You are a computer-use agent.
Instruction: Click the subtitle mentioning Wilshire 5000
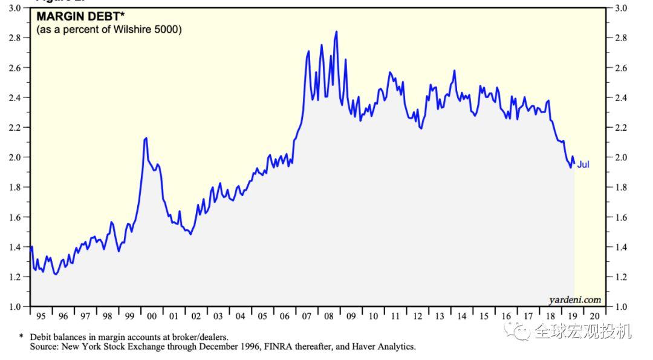[x=109, y=29]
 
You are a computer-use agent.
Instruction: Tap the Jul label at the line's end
[x=583, y=164]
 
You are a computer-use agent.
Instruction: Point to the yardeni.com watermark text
[x=575, y=299]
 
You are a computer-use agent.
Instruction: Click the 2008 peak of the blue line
[x=336, y=31]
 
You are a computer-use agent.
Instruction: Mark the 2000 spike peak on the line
[x=146, y=139]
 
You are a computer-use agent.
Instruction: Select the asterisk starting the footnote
[x=22, y=336]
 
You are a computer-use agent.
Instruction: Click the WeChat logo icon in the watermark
[x=519, y=330]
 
